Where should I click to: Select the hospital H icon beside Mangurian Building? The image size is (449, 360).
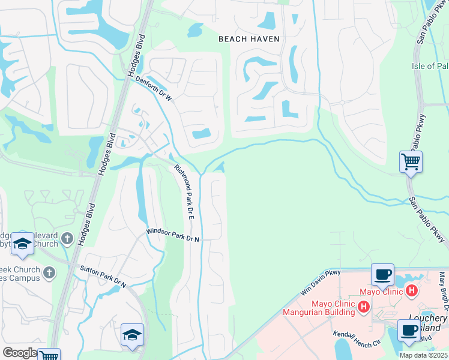coord(363,307)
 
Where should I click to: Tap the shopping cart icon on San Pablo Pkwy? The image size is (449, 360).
coord(411,161)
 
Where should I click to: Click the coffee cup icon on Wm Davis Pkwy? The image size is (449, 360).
coord(382,274)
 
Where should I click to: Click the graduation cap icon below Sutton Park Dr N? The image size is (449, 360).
coord(132,334)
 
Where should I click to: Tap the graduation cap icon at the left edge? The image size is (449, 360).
coord(22,243)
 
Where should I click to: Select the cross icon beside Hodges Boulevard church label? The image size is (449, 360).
coord(67,239)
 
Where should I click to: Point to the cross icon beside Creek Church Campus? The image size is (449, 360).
coord(49,273)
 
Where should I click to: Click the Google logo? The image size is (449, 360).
coord(19,353)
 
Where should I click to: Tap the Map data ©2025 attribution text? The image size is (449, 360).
coord(424,355)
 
